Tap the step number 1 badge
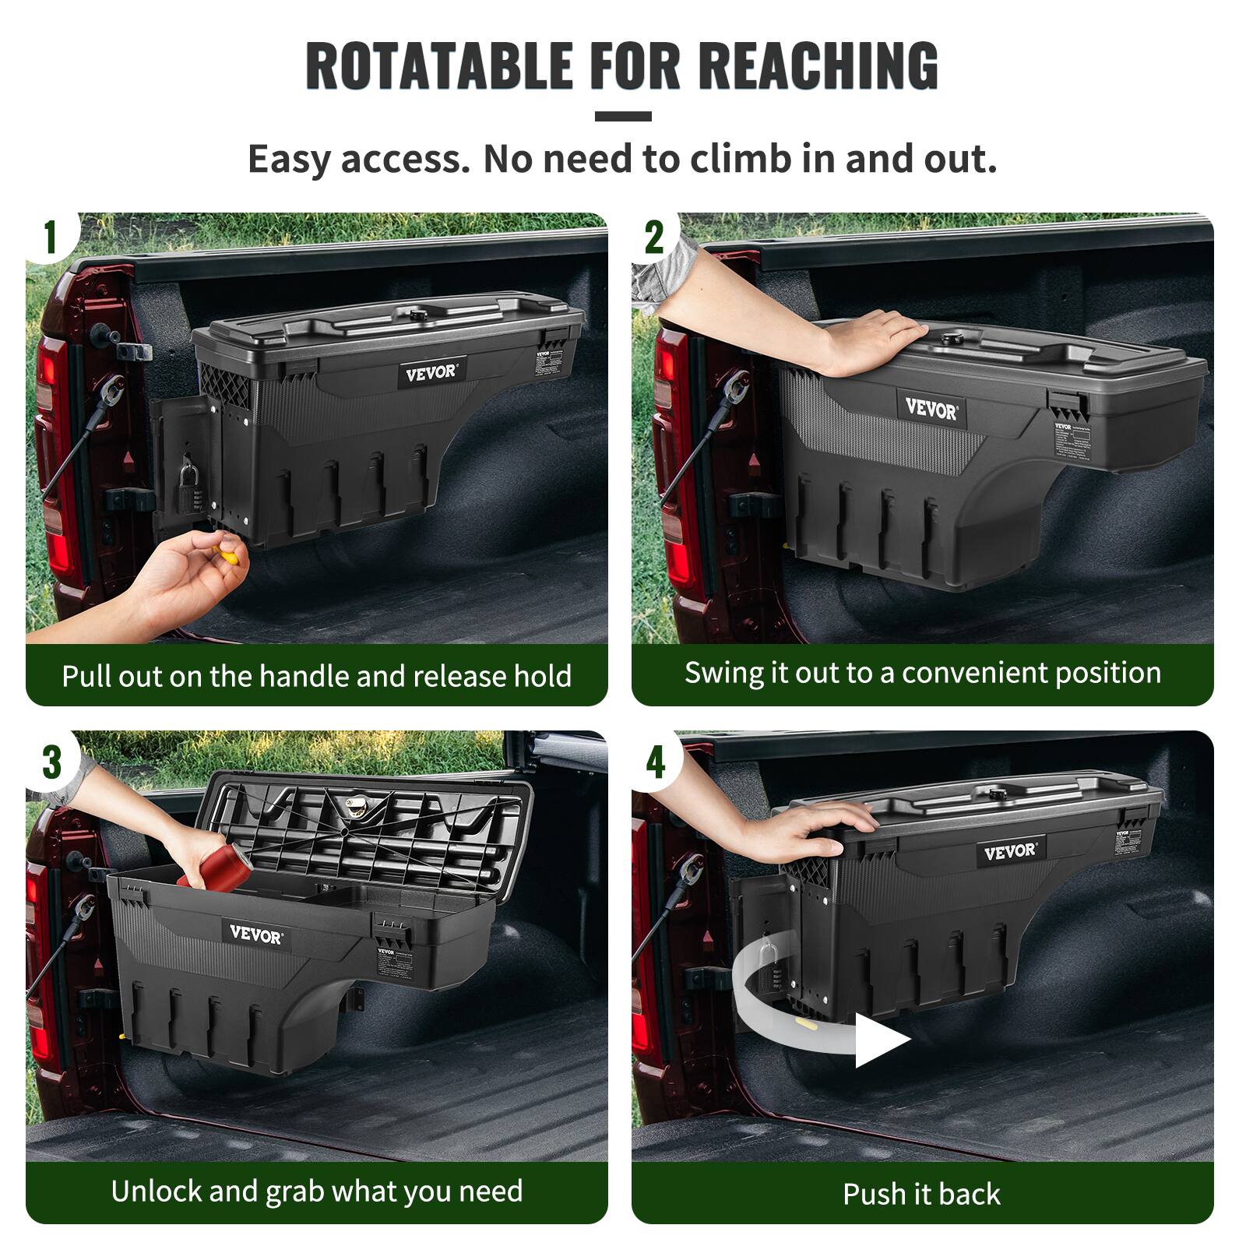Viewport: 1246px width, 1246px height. (50, 237)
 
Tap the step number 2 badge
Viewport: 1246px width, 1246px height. (654, 237)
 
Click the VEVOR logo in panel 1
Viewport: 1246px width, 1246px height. (431, 372)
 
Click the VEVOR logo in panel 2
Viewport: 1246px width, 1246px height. (931, 408)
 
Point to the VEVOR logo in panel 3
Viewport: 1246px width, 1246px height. (256, 935)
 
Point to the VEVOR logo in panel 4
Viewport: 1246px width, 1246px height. (1009, 852)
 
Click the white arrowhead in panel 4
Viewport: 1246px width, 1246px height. (880, 1040)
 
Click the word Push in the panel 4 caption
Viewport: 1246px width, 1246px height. (874, 1194)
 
